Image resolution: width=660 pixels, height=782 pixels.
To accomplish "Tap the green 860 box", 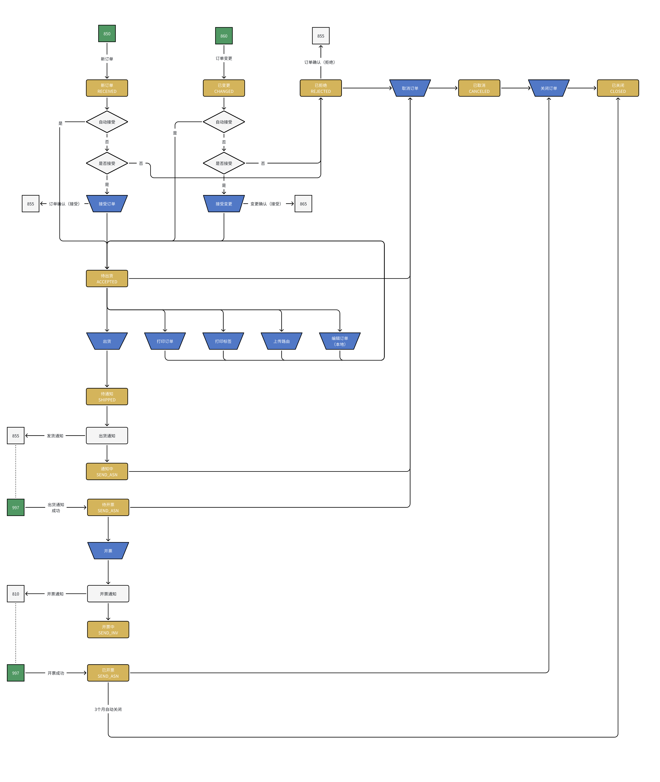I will tap(224, 36).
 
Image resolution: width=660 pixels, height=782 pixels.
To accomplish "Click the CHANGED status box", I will tap(224, 88).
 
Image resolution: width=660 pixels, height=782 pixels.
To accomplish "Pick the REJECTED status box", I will tap(321, 88).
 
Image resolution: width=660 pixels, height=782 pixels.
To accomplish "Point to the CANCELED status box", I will tap(479, 88).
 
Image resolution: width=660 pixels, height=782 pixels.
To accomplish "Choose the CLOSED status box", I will tap(618, 88).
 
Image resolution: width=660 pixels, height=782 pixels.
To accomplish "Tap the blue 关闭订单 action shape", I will tap(549, 88).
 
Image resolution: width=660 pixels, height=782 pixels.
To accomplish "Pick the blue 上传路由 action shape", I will tap(281, 341).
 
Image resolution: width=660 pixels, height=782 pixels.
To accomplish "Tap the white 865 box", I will tap(303, 204).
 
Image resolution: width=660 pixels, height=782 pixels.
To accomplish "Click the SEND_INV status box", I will tap(108, 630).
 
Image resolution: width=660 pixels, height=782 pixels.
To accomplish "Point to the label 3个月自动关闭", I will tap(108, 709).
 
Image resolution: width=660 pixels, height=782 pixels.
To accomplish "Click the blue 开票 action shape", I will tap(108, 551).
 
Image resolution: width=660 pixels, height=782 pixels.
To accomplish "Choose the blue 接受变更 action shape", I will tap(224, 204).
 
